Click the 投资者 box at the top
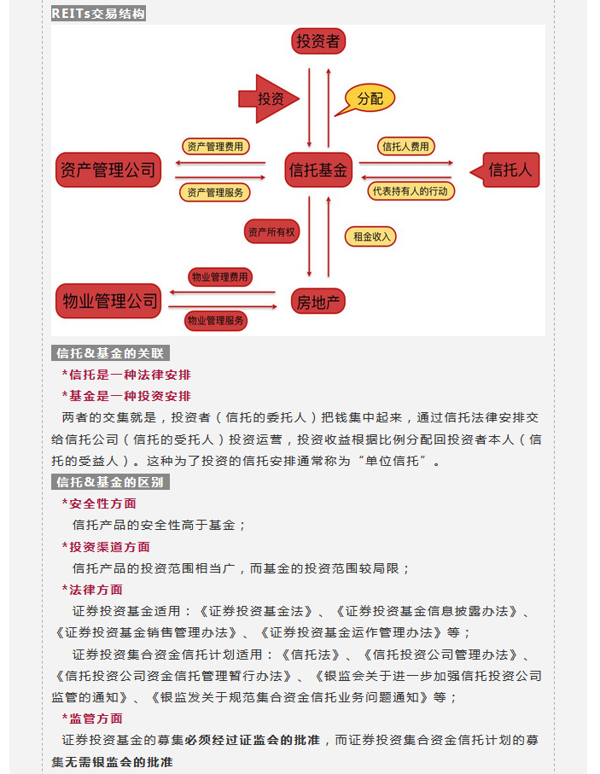(x=317, y=42)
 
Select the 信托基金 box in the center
(x=318, y=170)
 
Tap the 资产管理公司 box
(x=108, y=170)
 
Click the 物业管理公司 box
(x=108, y=300)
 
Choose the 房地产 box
(x=318, y=301)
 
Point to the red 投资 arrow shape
(x=267, y=99)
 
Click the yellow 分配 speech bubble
(x=369, y=99)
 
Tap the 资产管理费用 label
(x=214, y=147)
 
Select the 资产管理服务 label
(x=214, y=192)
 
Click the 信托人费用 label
(x=405, y=147)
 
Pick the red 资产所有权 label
(x=270, y=231)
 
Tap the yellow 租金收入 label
(x=370, y=236)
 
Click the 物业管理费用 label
(x=219, y=277)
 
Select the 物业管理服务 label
(x=216, y=321)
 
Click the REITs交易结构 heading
(x=98, y=14)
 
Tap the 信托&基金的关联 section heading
(x=110, y=353)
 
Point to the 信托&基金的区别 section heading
(x=110, y=482)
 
